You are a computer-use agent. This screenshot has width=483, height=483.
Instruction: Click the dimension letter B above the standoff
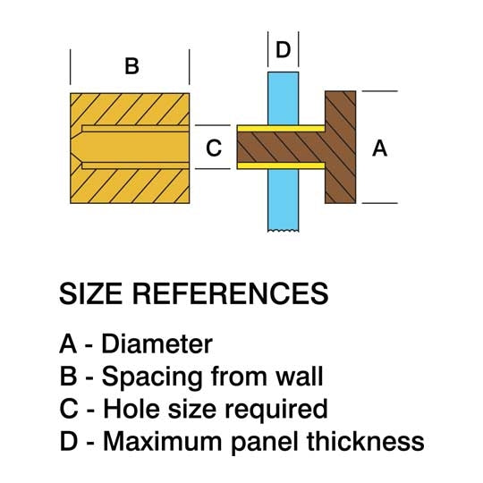pyautogui.click(x=131, y=66)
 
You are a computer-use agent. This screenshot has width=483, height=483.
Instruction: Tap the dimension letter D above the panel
pyautogui.click(x=283, y=49)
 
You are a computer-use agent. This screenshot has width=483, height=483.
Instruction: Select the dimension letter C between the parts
pyautogui.click(x=214, y=148)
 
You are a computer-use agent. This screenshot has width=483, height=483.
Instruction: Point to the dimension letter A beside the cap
pyautogui.click(x=379, y=148)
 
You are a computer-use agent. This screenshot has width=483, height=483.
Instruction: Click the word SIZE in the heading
pyautogui.click(x=90, y=293)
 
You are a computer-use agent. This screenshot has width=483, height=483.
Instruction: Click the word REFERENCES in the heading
pyautogui.click(x=231, y=293)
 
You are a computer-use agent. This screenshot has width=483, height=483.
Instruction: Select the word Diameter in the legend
pyautogui.click(x=157, y=343)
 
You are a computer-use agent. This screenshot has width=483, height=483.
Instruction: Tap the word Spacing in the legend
pyautogui.click(x=152, y=377)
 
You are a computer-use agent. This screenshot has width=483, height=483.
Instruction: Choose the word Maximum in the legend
pyautogui.click(x=162, y=442)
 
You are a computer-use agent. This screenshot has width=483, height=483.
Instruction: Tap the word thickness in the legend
pyautogui.click(x=366, y=442)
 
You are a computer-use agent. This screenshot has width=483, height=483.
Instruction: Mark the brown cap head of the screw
pyautogui.click(x=341, y=148)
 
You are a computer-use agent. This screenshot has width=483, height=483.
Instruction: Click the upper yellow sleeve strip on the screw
pyautogui.click(x=281, y=129)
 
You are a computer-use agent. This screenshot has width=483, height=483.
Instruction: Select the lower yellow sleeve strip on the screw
pyautogui.click(x=281, y=165)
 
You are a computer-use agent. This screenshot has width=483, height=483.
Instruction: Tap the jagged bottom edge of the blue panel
pyautogui.click(x=283, y=231)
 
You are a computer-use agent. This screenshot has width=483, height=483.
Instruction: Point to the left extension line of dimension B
pyautogui.click(x=71, y=67)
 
